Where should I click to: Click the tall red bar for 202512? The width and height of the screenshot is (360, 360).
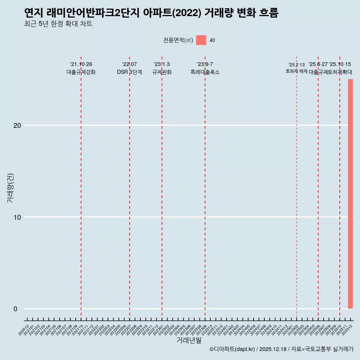pos(350,193)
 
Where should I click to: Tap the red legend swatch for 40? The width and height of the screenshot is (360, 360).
pos(201,40)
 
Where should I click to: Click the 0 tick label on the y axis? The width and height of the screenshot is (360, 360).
pos(16,309)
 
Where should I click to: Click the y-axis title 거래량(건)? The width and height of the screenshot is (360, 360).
pos(10,188)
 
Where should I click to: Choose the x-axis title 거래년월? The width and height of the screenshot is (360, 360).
pos(189,340)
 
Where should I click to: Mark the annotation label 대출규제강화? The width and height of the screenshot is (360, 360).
pos(81,72)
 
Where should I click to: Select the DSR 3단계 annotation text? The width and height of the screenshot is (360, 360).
pos(129,72)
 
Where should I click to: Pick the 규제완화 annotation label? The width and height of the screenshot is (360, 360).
pos(162,72)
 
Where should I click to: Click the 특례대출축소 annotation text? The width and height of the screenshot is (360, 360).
pos(205,72)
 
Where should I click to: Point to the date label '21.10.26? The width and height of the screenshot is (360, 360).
pos(81,64)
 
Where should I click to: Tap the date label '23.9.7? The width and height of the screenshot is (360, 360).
pos(205,64)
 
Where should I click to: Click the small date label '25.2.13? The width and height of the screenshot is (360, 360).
pos(296,65)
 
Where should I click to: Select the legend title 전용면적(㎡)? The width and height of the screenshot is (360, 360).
pos(178,40)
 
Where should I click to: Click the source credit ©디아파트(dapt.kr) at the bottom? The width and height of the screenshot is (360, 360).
pos(232,349)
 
